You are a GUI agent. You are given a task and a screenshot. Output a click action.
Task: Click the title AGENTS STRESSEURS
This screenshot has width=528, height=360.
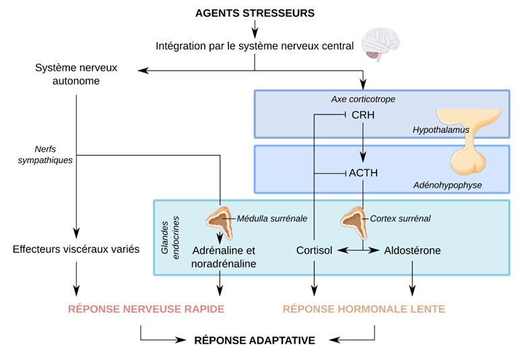[x=255, y=13]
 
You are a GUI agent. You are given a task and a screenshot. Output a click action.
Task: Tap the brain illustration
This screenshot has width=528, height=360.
[x=381, y=44]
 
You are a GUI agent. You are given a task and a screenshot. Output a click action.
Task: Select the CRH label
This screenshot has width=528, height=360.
[x=363, y=115]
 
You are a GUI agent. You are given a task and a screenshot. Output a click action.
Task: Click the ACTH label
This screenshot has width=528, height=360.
[x=364, y=173]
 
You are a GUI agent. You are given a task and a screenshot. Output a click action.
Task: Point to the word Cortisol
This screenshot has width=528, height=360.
[x=314, y=250]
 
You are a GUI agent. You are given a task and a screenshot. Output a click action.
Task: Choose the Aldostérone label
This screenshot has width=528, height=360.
[x=412, y=250]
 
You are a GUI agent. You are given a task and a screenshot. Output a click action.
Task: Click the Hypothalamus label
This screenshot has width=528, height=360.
[x=440, y=130]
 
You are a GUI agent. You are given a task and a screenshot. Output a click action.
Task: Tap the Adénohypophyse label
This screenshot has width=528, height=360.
[x=447, y=185]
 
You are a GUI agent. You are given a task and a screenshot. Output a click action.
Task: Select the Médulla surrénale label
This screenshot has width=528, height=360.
[x=272, y=219]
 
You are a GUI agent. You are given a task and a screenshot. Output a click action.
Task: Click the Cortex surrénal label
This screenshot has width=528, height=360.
[x=400, y=219]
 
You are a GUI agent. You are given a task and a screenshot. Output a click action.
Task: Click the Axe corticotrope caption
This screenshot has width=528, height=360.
[x=363, y=100]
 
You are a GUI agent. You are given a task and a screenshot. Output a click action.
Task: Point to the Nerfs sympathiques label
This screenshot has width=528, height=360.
[x=45, y=155]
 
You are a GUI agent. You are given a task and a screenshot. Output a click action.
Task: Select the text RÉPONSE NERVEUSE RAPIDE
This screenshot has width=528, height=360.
[x=146, y=310]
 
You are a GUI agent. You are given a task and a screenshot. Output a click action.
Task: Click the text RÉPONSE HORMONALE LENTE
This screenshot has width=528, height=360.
[x=364, y=310]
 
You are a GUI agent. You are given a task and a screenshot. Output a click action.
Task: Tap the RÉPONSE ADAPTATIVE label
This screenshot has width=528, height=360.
[x=255, y=340]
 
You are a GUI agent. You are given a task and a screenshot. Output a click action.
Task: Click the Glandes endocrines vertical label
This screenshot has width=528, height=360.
[x=170, y=238]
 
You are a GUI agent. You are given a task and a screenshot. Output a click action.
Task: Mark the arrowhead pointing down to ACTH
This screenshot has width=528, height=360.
[x=363, y=157]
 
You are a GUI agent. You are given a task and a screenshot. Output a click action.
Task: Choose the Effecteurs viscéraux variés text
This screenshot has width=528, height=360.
[x=76, y=249]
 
